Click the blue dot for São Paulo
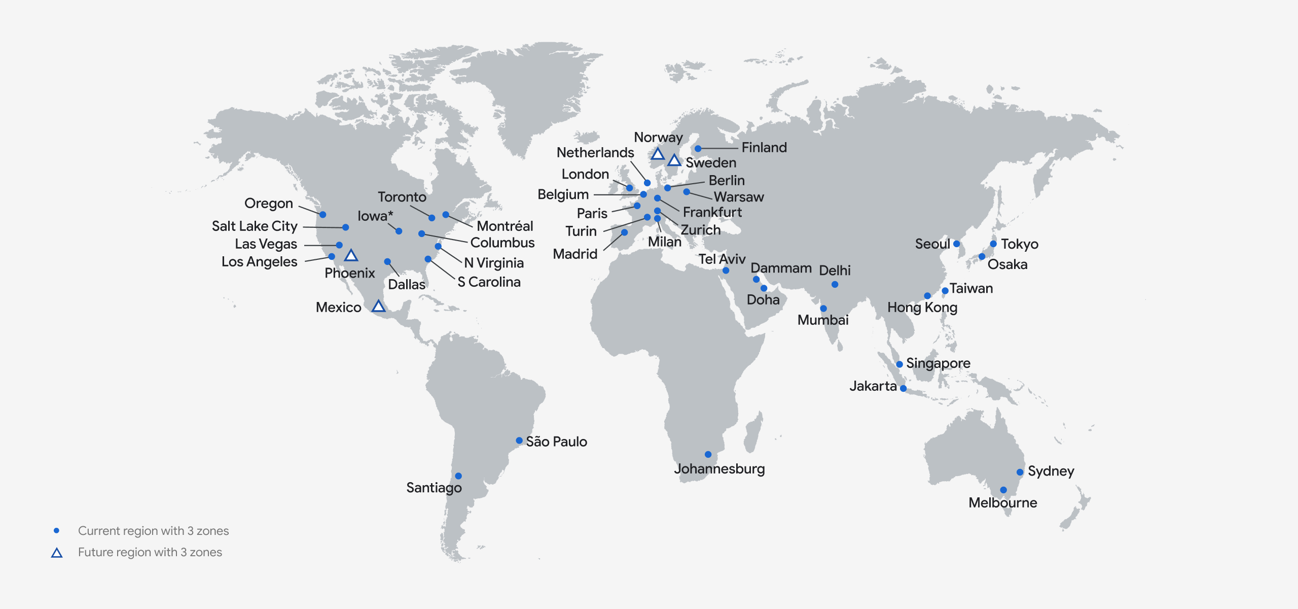519,441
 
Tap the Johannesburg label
719,468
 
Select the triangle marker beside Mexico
378,306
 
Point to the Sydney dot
1020,472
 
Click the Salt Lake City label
255,226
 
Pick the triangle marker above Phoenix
351,255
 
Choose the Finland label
764,148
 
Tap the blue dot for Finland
698,149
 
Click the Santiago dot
458,476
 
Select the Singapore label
938,363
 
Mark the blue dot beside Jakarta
903,389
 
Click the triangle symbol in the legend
57,553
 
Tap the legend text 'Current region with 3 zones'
153,531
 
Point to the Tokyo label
1020,244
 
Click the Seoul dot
956,244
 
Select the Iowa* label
375,216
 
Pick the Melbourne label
1002,503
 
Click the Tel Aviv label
722,259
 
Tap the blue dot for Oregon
323,215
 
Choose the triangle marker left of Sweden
674,160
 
